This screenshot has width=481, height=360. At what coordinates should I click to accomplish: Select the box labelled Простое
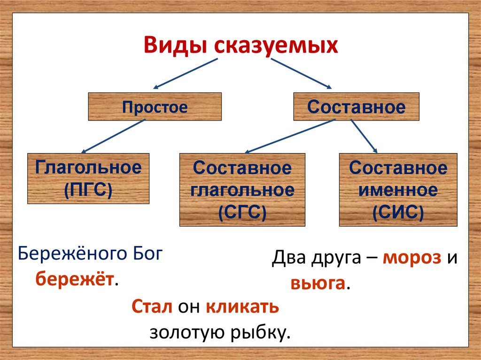[x=155, y=107]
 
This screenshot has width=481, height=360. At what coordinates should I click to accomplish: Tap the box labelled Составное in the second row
[x=356, y=107]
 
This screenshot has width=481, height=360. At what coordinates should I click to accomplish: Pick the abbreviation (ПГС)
[x=88, y=190]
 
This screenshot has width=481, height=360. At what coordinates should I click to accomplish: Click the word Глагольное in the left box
[x=88, y=168]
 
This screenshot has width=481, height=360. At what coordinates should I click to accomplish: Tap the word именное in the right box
[x=398, y=191]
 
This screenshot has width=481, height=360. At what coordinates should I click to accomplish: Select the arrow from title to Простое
[x=186, y=73]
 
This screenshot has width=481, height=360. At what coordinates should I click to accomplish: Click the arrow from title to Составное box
[x=301, y=73]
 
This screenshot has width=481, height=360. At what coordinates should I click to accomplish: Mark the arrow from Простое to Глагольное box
[x=114, y=136]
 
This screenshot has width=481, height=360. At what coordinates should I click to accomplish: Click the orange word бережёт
[x=75, y=280]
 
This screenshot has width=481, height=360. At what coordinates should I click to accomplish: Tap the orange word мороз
[x=412, y=258]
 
